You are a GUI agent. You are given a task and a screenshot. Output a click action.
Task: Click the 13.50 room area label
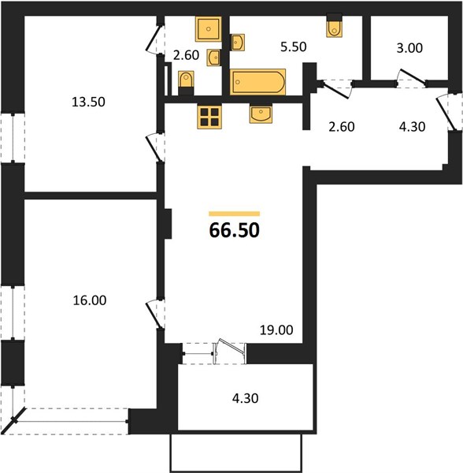pyautogui.click(x=88, y=102)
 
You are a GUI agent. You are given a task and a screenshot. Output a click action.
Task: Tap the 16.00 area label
pyautogui.click(x=90, y=300)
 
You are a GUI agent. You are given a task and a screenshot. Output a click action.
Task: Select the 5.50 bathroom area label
pyautogui.click(x=294, y=47)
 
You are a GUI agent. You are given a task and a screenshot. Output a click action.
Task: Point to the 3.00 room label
pyautogui.click(x=409, y=48)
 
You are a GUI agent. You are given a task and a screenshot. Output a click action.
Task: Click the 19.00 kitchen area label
pyautogui.click(x=276, y=330)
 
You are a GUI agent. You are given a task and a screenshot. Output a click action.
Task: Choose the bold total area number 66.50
pyautogui.click(x=234, y=230)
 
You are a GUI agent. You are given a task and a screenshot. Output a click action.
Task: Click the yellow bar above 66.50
pyautogui.click(x=235, y=214)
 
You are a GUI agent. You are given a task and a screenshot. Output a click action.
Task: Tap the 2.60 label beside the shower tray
pyautogui.click(x=186, y=55)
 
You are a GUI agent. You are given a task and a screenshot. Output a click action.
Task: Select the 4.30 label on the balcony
pyautogui.click(x=245, y=398)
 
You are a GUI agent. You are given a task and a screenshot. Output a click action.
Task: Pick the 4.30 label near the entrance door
pyautogui.click(x=412, y=127)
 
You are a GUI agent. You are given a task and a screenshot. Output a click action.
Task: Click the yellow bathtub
pyautogui.click(x=257, y=82)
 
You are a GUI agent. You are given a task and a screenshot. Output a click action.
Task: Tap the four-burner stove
pyautogui.click(x=209, y=117)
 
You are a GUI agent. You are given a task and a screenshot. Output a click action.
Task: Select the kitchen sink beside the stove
pyautogui.click(x=261, y=114)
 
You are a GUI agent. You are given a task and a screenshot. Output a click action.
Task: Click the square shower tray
pyautogui.click(x=208, y=29)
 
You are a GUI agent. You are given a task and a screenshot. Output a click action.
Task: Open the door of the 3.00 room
pyautogui.click(x=412, y=76)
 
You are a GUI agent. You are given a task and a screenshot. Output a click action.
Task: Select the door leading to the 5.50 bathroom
pyautogui.click(x=335, y=89)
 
